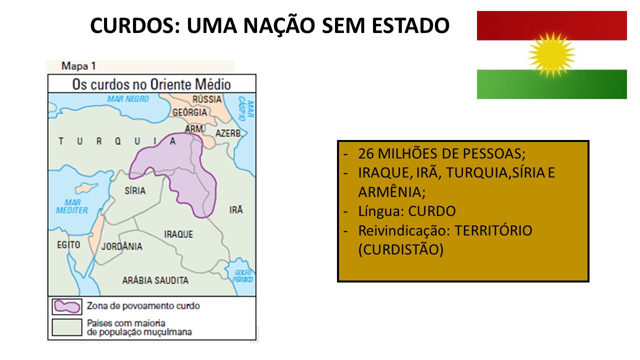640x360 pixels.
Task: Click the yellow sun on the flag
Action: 551,54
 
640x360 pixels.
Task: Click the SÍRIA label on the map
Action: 134,190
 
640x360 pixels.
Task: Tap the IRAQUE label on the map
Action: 178,234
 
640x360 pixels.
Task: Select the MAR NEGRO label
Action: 128,99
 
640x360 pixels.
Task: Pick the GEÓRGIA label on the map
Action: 189,112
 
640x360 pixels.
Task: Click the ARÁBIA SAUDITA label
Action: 155,280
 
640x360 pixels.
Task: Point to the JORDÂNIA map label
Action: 121,246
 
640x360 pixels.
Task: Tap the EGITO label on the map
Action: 68,245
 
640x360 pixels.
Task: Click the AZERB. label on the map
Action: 229,133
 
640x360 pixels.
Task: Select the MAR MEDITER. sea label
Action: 72,206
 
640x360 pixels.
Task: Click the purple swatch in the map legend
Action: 67,306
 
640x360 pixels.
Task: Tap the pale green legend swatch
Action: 67,327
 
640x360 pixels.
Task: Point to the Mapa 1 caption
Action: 78,66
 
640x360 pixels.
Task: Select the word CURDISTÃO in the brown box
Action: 400,249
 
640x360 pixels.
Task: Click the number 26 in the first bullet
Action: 366,153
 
